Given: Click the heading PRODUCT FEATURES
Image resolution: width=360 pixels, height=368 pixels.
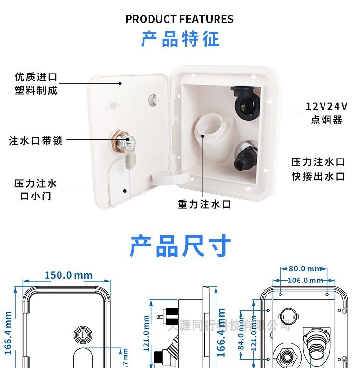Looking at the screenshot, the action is [x=180, y=19].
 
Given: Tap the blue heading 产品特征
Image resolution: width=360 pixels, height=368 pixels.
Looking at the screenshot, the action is [x=180, y=39].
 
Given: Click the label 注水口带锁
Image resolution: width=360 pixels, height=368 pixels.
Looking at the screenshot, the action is [x=36, y=141].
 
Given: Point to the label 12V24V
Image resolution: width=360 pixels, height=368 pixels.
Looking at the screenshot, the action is [x=326, y=106].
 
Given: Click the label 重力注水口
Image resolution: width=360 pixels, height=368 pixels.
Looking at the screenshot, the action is [x=204, y=204].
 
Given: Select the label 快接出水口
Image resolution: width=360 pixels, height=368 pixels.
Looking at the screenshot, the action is [x=318, y=176].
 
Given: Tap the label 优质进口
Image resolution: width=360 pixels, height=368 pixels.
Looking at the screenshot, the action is [x=36, y=77].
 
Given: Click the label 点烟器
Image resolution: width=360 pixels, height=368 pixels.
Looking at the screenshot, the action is [x=326, y=120].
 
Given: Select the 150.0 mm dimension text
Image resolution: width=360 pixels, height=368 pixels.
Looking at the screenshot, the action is [x=69, y=275].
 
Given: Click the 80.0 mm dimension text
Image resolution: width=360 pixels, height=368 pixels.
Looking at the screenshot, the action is [x=304, y=269].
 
